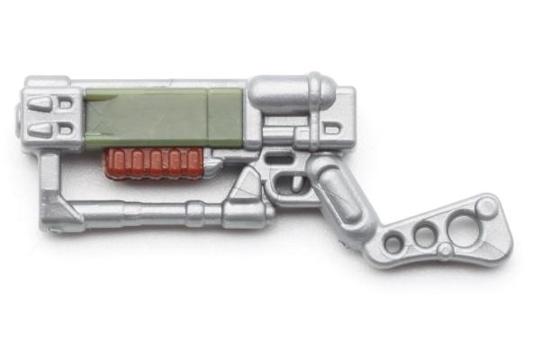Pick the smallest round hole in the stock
coord(393,243)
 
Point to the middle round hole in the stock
coord(423,236)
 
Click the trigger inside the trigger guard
coord(291,178)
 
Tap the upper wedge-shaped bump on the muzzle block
coord(40,104)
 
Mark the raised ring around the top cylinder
coord(317,93)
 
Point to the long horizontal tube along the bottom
coord(135,212)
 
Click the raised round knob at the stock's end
coord(487,208)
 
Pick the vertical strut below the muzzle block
coord(49,180)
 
